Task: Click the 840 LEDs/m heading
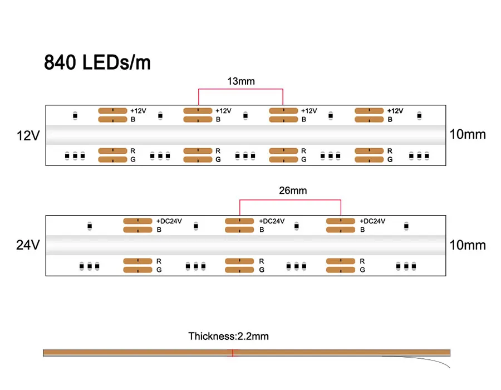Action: coord(97,62)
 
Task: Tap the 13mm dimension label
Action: coord(240,81)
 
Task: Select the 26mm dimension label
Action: coord(292,191)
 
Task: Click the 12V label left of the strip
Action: coord(27,135)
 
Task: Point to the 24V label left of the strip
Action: coord(27,245)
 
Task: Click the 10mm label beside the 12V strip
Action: coord(467,134)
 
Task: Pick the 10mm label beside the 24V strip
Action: coord(467,245)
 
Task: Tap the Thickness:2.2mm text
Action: coord(228,336)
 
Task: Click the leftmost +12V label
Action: coord(138,111)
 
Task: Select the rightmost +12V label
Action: coord(395,111)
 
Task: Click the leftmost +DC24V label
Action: coord(169,221)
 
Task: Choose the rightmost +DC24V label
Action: coord(372,221)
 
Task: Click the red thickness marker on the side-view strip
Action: coord(233,353)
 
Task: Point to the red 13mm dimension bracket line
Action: coord(240,89)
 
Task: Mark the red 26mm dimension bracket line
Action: coord(290,199)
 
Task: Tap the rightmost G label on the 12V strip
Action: coord(390,159)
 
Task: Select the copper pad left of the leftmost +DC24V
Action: coord(137,221)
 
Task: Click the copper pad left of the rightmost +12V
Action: coord(369,111)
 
